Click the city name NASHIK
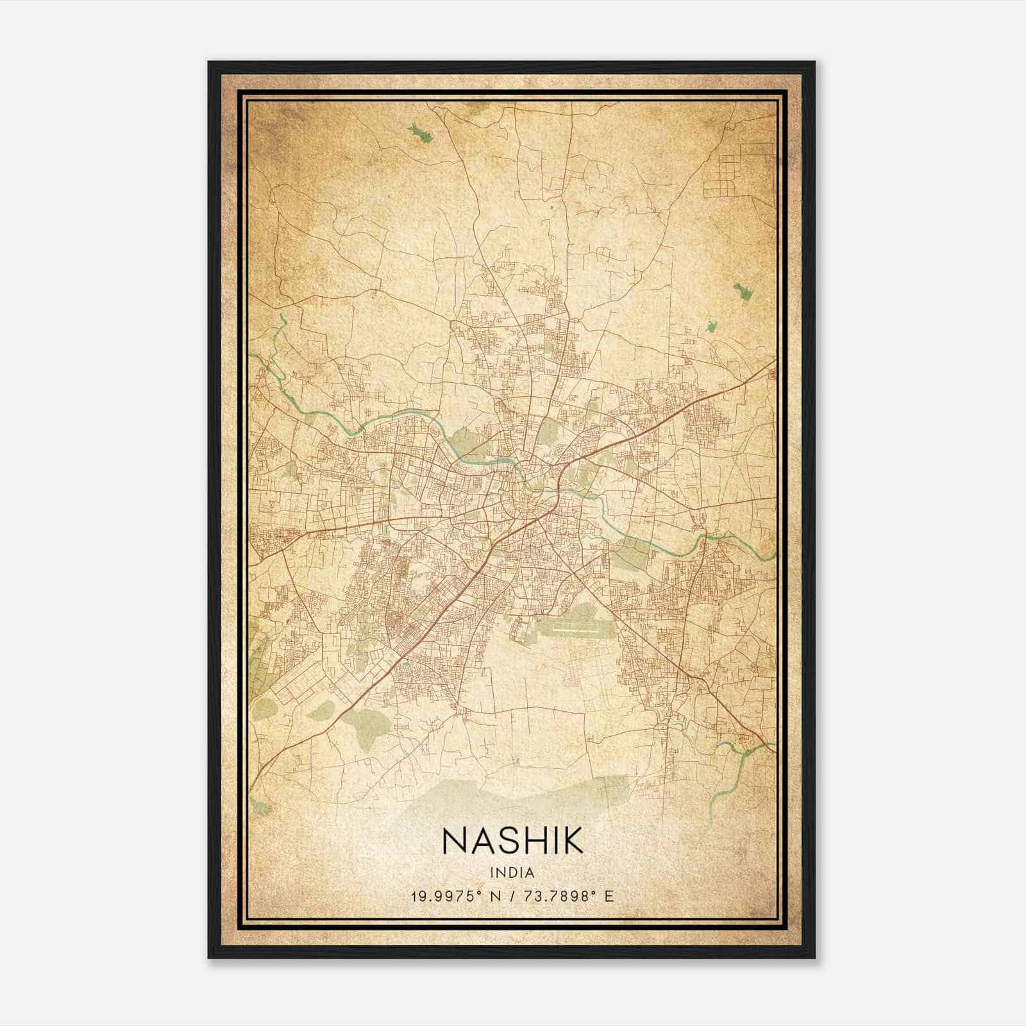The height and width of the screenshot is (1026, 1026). click(x=512, y=840)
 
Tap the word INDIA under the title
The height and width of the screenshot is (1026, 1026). click(x=512, y=873)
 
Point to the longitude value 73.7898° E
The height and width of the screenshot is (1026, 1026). click(x=568, y=896)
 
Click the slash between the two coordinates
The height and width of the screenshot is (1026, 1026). click(x=512, y=896)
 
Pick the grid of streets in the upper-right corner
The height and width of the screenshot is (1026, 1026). click(x=731, y=169)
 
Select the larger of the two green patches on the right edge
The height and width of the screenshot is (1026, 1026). click(x=744, y=292)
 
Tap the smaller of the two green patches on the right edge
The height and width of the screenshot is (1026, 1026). click(x=711, y=326)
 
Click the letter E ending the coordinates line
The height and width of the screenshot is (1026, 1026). click(x=609, y=896)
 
